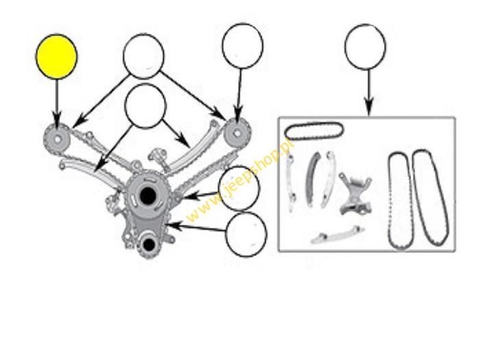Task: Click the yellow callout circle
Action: pos(57,57)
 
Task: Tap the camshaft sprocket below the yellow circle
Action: pos(57,139)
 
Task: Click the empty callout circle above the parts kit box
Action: pos(365,47)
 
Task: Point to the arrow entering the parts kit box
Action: pos(369,93)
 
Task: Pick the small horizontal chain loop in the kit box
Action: pos(314,131)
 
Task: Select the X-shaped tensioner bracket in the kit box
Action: pos(356,193)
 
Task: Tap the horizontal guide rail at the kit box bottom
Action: pos(337,236)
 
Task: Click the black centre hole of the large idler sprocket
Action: pos(147,195)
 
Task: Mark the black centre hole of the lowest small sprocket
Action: pos(149,244)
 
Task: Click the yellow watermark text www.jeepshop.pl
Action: pos(240,180)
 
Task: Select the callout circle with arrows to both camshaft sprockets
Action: pos(143,56)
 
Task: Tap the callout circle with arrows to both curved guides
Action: pos(145,106)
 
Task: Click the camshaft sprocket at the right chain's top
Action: pos(237,134)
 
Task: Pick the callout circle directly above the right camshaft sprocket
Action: pos(243,46)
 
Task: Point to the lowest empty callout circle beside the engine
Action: pos(246,235)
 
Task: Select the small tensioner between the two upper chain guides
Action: pos(158,157)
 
